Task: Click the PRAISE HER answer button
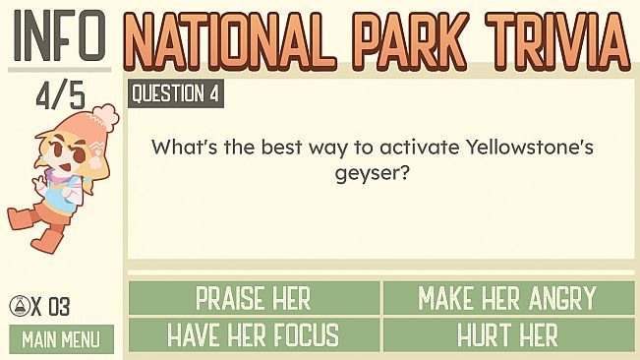click(x=254, y=297)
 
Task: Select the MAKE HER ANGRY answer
click(x=507, y=297)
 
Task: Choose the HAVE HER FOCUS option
click(x=254, y=334)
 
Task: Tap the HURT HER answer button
click(x=507, y=334)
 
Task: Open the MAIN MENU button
click(x=60, y=340)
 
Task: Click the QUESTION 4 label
click(x=175, y=94)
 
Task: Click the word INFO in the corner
click(x=59, y=34)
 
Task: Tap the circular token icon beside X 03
click(x=19, y=306)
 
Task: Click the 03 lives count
click(x=59, y=306)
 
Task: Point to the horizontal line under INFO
click(x=59, y=69)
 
